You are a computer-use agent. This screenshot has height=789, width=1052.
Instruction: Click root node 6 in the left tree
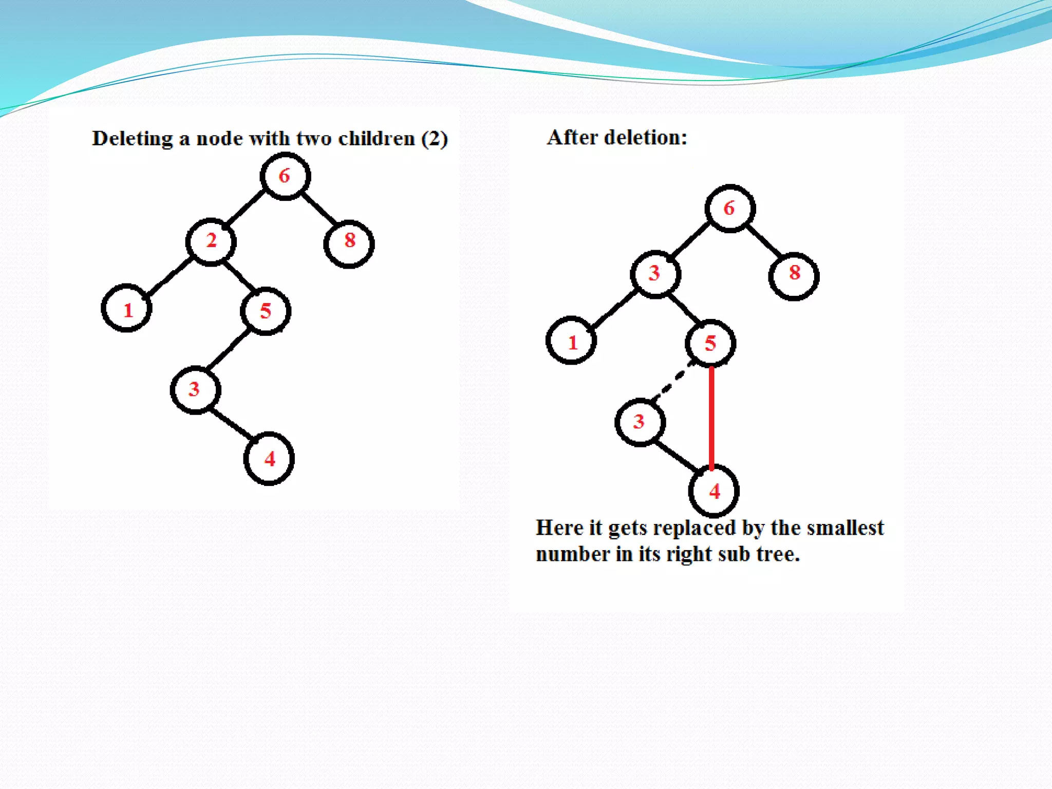(285, 176)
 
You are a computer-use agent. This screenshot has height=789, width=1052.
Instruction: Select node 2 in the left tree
(211, 241)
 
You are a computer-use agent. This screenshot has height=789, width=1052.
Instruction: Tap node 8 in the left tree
(349, 243)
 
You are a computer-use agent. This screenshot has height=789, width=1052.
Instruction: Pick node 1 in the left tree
(126, 308)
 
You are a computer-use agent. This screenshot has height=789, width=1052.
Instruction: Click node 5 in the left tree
(266, 311)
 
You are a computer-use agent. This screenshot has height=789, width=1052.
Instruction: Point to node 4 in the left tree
(269, 459)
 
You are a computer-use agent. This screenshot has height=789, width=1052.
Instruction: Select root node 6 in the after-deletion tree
(730, 209)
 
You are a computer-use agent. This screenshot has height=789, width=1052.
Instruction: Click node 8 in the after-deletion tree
(794, 276)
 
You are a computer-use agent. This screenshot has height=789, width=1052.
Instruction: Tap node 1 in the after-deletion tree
(571, 341)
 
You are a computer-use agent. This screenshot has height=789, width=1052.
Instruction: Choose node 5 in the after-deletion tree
(710, 343)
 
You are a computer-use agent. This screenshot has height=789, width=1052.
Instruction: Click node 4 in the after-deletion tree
(714, 492)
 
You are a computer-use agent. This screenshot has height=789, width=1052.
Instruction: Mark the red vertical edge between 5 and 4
(711, 416)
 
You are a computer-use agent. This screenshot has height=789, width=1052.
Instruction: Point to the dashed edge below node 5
(674, 381)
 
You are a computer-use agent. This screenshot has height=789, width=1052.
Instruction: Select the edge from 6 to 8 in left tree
(318, 209)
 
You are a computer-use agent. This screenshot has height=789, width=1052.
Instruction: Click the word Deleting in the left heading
(133, 139)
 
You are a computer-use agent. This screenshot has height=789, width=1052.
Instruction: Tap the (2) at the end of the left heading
(434, 139)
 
